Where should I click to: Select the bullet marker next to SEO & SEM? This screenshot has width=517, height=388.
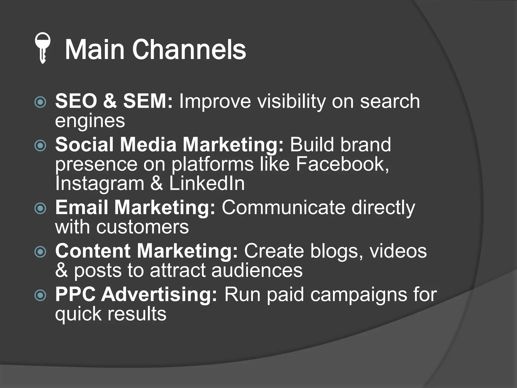pyautogui.click(x=40, y=102)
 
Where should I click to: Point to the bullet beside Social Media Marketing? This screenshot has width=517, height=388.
pyautogui.click(x=40, y=146)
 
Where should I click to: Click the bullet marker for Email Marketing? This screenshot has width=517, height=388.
pyautogui.click(x=40, y=208)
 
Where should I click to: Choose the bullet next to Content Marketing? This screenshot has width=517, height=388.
pyautogui.click(x=40, y=252)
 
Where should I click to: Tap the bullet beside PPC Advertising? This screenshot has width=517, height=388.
pyautogui.click(x=40, y=295)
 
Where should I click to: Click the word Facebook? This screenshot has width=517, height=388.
pyautogui.click(x=342, y=164)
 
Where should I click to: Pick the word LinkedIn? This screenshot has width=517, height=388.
pyautogui.click(x=207, y=183)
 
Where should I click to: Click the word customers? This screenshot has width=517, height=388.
pyautogui.click(x=143, y=227)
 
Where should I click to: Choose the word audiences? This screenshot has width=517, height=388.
pyautogui.click(x=257, y=270)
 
